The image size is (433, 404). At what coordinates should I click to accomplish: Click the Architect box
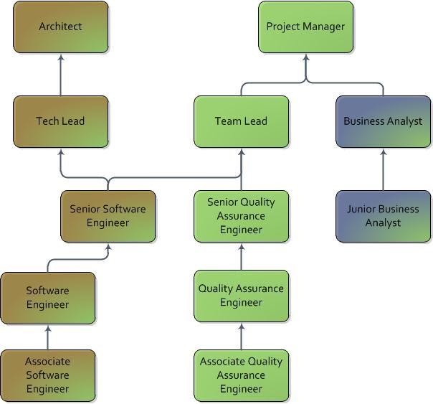61,27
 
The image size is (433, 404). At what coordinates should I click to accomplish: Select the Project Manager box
306,27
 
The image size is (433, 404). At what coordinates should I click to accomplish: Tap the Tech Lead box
61,121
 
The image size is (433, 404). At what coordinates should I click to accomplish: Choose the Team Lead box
242,121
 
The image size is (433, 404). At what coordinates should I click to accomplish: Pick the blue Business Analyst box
384,121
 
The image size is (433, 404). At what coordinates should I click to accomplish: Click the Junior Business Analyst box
384,216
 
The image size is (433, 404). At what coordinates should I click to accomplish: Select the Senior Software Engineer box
108,216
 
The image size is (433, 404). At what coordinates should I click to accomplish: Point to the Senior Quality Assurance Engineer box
242,216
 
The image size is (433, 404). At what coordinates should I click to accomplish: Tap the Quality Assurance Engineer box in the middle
242,296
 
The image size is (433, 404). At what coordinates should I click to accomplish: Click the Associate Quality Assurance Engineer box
242,375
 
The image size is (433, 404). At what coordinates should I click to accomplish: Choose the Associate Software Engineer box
48,375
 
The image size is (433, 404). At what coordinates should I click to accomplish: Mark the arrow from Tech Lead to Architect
61,75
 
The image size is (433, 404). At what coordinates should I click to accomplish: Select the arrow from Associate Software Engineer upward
48,336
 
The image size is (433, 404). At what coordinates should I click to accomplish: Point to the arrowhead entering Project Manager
306,57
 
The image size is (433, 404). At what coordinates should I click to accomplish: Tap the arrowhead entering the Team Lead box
242,152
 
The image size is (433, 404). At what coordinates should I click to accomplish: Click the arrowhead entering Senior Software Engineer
108,247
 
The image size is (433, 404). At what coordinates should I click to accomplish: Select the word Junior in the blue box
362,210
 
